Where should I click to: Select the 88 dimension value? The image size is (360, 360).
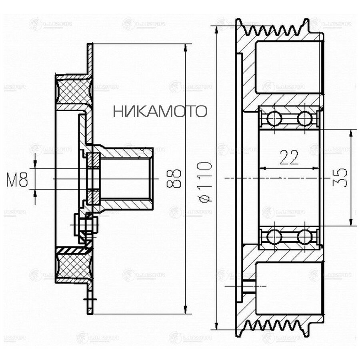coord(175,178)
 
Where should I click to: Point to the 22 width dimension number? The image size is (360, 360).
coord(289,158)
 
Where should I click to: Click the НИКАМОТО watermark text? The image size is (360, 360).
coord(160,111)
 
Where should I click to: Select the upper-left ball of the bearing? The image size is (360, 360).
coord(274,118)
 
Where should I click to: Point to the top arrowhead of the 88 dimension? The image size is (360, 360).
coord(185,48)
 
